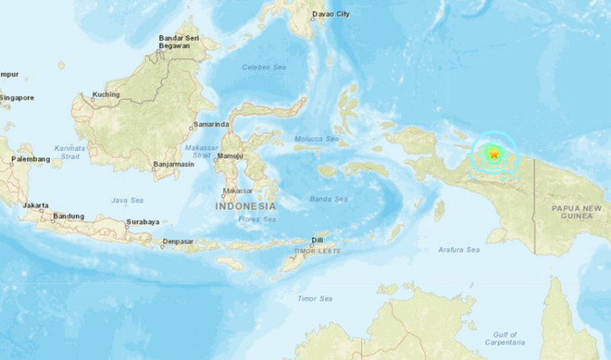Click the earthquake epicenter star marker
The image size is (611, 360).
[x=494, y=154]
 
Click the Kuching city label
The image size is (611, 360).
[x=106, y=94]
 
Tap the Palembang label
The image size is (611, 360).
[x=30, y=159]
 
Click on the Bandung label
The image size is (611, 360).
[x=68, y=217]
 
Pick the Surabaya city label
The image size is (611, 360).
[x=143, y=222]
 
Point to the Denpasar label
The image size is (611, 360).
[x=177, y=242]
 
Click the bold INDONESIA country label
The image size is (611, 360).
[x=245, y=206]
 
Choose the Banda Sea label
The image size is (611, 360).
[x=330, y=199]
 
